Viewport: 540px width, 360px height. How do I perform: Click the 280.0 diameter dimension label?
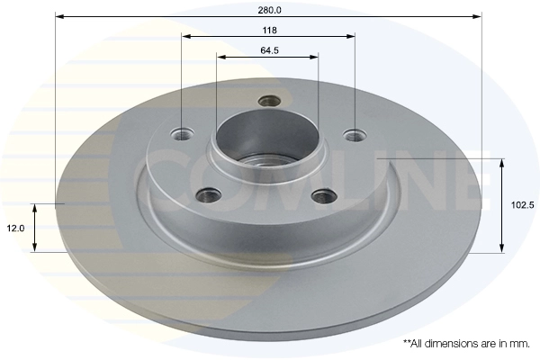269,10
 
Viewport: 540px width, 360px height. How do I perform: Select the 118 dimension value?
268,31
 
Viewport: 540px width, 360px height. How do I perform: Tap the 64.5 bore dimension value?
267,50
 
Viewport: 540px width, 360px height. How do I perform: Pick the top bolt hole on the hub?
268,101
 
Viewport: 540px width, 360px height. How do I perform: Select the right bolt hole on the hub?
355,135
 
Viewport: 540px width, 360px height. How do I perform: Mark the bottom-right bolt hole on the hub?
323,194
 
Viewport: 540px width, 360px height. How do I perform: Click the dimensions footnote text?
467,343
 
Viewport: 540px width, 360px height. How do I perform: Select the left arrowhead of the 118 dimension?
185,37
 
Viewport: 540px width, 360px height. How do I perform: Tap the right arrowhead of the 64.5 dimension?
315,57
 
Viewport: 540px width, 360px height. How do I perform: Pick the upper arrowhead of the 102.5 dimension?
500,162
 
